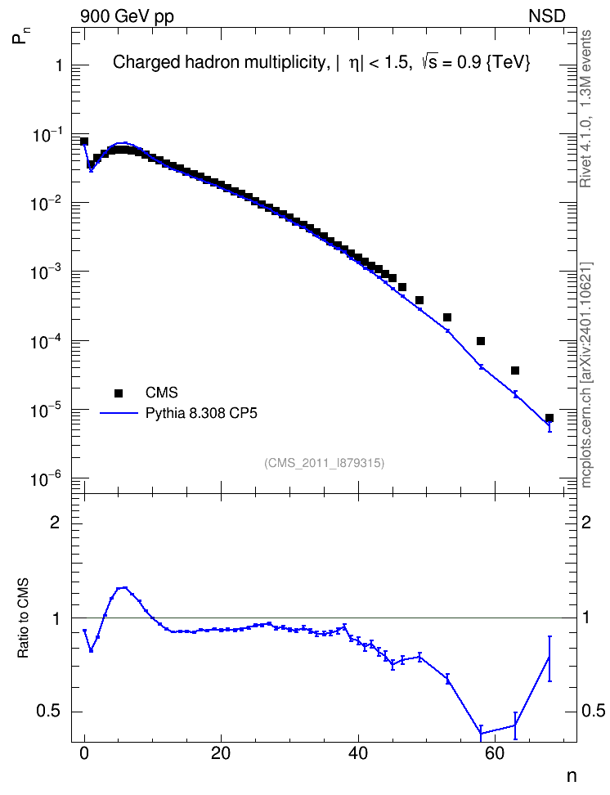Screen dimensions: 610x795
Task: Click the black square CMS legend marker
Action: click(119, 393)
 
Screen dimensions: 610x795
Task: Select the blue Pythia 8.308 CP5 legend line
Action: click(119, 413)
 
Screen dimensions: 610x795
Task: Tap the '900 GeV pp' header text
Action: click(127, 16)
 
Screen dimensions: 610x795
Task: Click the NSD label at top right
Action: click(546, 16)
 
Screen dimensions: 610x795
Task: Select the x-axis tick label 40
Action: click(358, 753)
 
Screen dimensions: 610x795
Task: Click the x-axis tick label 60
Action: click(495, 753)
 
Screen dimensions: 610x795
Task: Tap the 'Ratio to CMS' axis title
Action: click(23, 618)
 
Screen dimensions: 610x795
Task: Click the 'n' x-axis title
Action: click(572, 776)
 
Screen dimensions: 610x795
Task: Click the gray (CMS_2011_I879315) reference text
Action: click(324, 463)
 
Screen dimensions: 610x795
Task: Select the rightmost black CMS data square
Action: click(549, 418)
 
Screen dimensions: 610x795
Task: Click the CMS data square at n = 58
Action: click(481, 341)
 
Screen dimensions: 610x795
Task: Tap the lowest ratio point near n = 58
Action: click(481, 733)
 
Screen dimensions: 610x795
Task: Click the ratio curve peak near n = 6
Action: click(125, 588)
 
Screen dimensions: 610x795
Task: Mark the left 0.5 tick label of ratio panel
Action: click(49, 712)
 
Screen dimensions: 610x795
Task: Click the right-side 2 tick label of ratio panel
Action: click(586, 522)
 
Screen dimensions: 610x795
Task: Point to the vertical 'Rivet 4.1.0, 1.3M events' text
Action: click(585, 109)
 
